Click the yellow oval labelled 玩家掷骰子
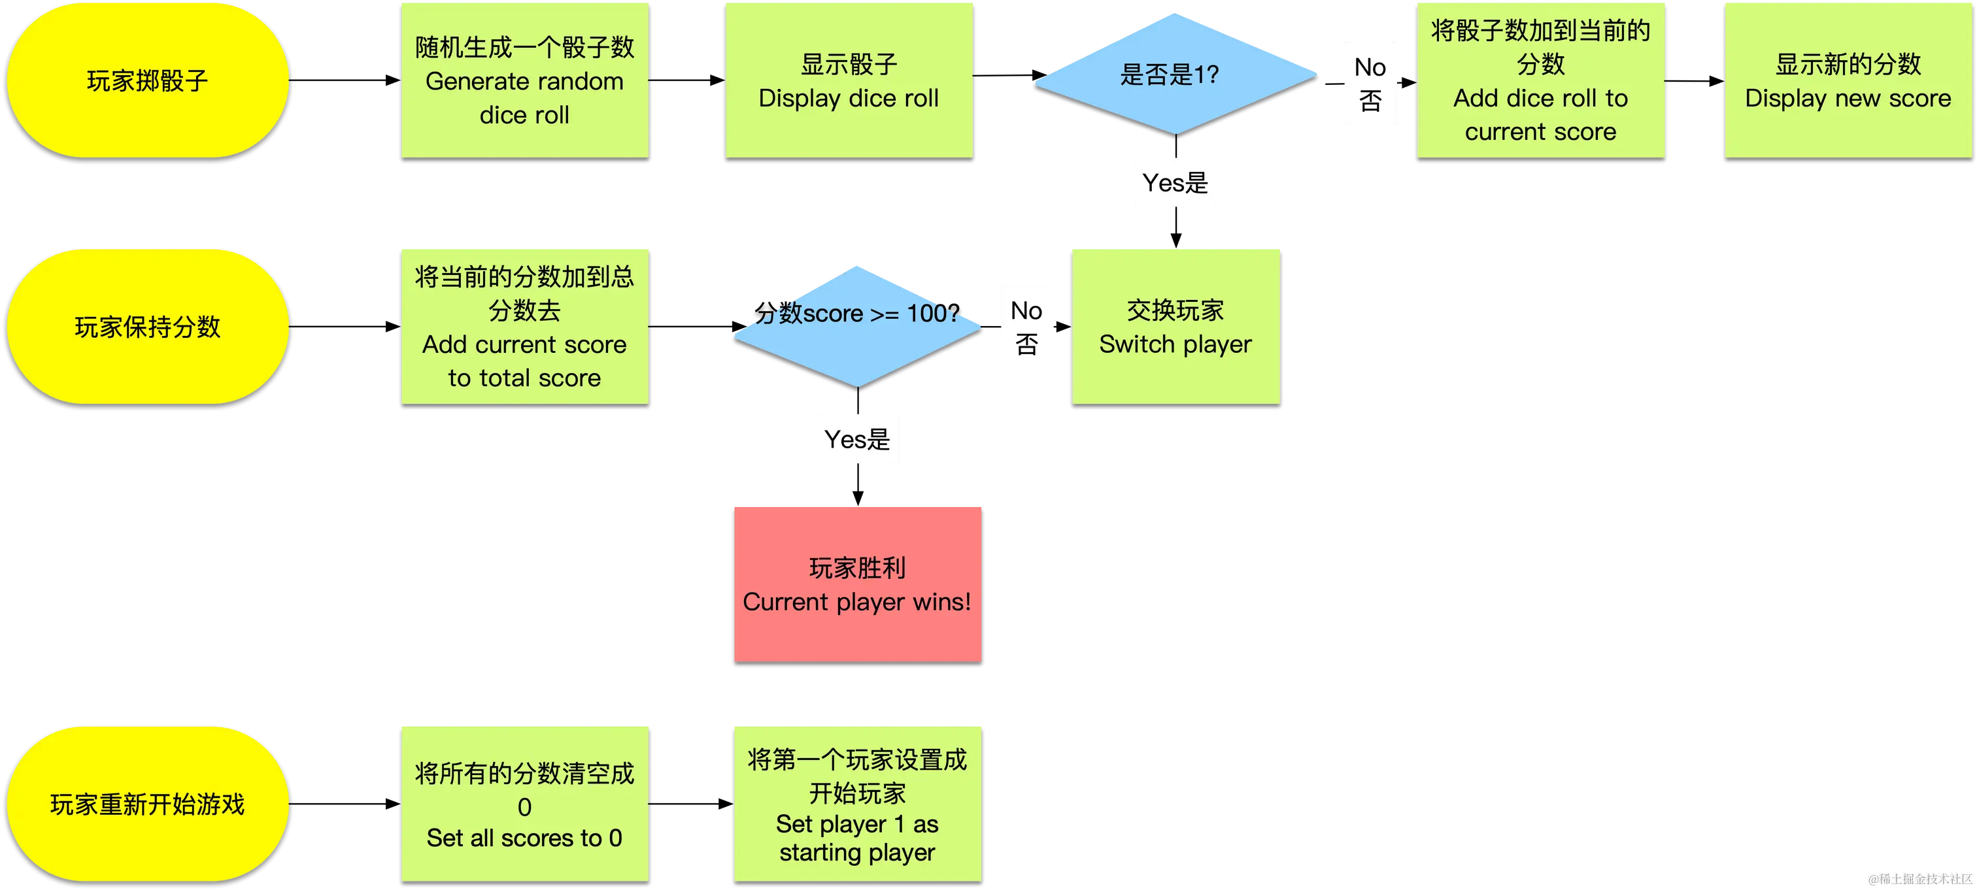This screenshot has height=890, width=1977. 147,80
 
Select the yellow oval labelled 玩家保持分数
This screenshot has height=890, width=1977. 147,326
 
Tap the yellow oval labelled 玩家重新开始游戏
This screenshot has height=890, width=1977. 147,803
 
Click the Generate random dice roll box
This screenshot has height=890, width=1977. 524,80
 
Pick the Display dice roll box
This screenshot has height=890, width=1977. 849,80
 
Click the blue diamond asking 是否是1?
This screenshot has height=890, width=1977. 1174,74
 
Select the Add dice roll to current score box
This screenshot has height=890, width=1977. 1540,80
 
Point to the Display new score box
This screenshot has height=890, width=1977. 1848,80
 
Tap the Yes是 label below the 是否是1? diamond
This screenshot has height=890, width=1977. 1174,182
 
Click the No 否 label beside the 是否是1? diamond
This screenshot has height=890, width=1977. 1370,84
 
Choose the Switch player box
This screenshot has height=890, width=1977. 1175,326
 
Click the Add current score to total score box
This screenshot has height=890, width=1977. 524,326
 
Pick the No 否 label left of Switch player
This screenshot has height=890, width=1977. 1027,327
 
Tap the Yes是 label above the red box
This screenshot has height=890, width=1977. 857,438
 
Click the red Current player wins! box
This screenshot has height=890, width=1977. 857,583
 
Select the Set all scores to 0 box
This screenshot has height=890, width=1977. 524,803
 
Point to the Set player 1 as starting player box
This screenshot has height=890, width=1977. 857,803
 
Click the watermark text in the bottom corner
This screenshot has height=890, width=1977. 1919,878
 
